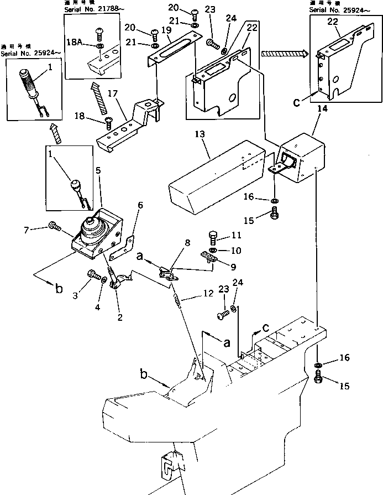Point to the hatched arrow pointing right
tap(283, 54)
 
